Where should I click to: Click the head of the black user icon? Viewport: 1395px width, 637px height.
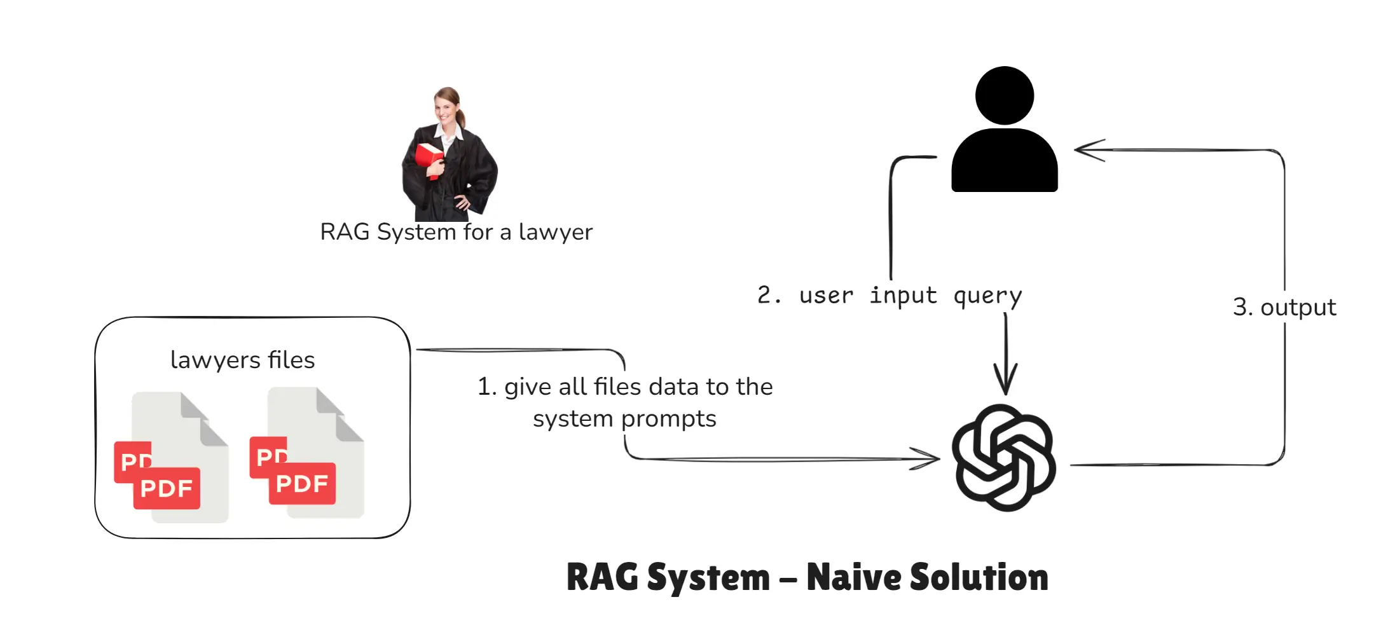click(x=1004, y=95)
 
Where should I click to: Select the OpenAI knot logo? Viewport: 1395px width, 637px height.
click(x=1003, y=458)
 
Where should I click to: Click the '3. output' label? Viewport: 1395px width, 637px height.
click(x=1284, y=308)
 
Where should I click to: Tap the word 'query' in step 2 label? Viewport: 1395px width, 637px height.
click(x=987, y=296)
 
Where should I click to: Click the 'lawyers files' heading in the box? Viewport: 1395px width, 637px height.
click(x=242, y=360)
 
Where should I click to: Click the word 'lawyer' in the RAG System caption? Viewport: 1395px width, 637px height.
click(x=555, y=232)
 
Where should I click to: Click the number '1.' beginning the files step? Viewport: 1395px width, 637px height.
click(x=486, y=387)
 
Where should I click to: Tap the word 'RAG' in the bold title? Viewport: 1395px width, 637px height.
click(x=601, y=578)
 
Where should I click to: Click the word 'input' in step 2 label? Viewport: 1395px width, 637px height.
click(x=902, y=296)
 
